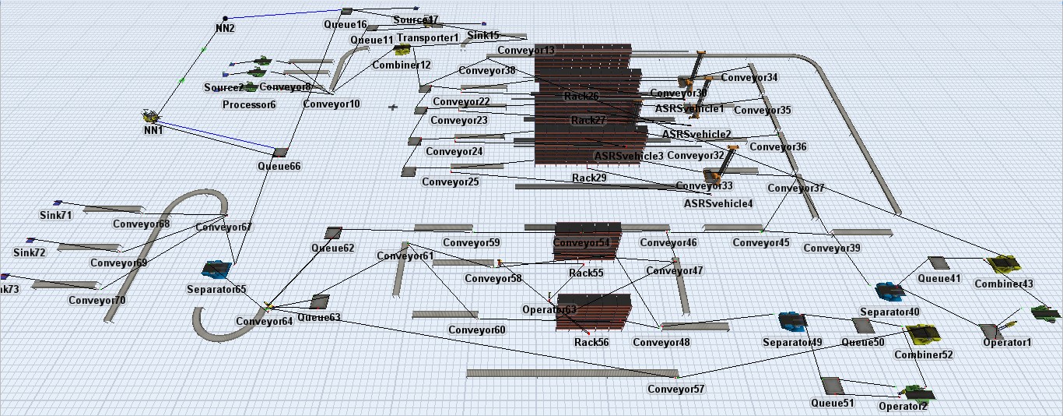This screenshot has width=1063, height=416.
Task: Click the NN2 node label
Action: point(225,28)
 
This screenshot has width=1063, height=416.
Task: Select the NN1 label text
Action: point(153,130)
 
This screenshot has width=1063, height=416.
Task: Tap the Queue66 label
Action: point(279,166)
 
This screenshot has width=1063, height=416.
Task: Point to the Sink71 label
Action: point(55,214)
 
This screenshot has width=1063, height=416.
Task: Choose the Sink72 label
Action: point(30,252)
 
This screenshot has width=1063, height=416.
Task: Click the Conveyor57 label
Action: point(675,390)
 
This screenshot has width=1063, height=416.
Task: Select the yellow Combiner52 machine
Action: point(924,335)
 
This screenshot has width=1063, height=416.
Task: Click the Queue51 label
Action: point(832,403)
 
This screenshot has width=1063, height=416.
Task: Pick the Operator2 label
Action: point(903,406)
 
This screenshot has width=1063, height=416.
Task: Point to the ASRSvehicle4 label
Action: point(717,203)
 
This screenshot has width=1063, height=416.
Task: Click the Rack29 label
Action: point(589,178)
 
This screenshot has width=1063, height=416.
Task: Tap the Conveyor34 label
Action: point(749,77)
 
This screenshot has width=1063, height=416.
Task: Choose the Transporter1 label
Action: point(428,37)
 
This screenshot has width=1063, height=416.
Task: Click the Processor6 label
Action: point(249,104)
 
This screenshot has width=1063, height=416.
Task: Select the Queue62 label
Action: point(332,249)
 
